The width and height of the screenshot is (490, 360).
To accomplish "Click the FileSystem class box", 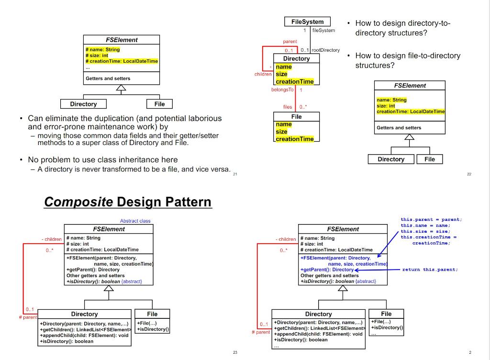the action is pyautogui.click(x=307, y=22).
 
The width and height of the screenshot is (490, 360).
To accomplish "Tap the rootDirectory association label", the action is pyautogui.click(x=325, y=50).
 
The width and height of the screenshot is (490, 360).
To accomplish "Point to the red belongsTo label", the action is pyautogui.click(x=281, y=90).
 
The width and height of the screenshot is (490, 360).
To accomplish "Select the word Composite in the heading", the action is pyautogui.click(x=78, y=202).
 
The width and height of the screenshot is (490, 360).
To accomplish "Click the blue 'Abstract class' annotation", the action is pyautogui.click(x=135, y=221).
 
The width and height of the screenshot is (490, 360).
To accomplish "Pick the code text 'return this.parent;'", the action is pyautogui.click(x=430, y=270).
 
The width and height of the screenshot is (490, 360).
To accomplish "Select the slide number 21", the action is pyautogui.click(x=235, y=174).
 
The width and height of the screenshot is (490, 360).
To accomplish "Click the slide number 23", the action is pyautogui.click(x=235, y=353).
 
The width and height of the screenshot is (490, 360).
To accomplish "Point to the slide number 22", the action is pyautogui.click(x=469, y=174).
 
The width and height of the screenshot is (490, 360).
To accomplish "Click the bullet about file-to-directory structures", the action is pyautogui.click(x=407, y=60).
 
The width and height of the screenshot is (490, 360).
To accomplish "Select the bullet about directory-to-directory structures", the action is pyautogui.click(x=402, y=28).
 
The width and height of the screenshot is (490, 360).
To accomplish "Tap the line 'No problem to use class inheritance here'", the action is pyautogui.click(x=102, y=160).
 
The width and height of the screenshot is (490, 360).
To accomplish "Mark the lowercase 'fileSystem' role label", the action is pyautogui.click(x=323, y=30).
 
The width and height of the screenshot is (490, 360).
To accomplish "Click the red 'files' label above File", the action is pyautogui.click(x=287, y=107).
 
